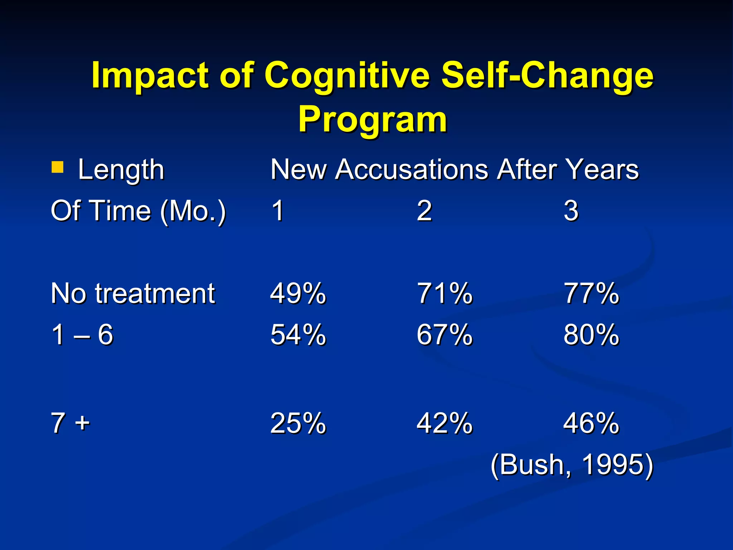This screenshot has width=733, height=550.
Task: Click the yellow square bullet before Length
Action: tap(58, 167)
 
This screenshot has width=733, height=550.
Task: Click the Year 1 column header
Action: tap(278, 211)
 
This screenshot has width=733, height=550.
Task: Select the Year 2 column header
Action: tap(424, 211)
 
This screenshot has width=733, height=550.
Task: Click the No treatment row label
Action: tap(133, 294)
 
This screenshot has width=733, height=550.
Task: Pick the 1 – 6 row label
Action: tap(82, 334)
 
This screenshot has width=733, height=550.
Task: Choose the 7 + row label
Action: tap(70, 423)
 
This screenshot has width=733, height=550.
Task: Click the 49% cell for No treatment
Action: tap(298, 294)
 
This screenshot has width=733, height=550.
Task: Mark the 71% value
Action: tap(445, 294)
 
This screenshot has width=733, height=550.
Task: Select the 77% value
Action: tap(591, 294)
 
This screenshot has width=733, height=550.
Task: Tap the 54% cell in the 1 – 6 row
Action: tap(298, 334)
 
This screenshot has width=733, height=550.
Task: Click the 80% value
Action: tap(591, 334)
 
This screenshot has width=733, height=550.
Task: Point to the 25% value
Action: tap(298, 423)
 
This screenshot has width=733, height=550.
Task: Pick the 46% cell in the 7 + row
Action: tap(591, 423)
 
